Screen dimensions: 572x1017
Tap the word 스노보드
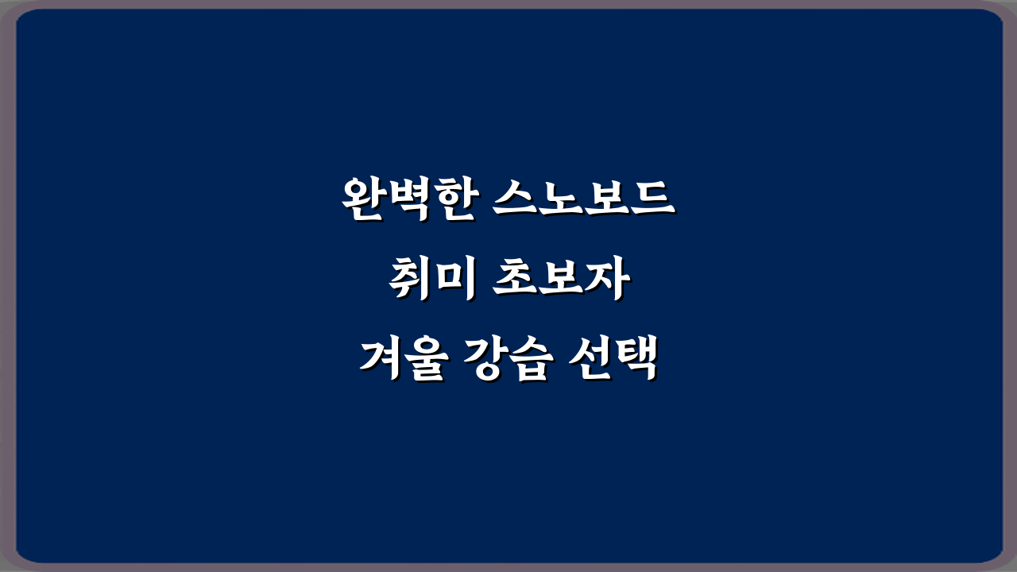[583, 200]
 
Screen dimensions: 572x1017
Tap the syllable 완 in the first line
[364, 200]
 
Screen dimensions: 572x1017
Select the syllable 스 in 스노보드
[515, 200]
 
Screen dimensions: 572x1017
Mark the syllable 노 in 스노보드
[561, 200]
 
